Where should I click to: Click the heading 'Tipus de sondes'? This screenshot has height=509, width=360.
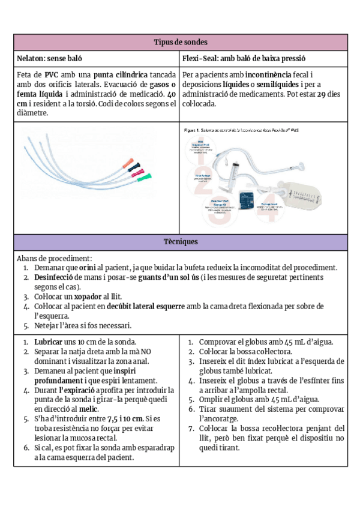(181, 42)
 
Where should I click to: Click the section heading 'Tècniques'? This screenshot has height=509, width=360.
(181, 241)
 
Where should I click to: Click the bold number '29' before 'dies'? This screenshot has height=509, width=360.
(321, 94)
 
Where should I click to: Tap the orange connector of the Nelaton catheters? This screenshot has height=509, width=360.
(127, 161)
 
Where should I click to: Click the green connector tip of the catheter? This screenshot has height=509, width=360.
(140, 179)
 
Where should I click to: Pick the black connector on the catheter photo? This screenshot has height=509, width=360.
(136, 166)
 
